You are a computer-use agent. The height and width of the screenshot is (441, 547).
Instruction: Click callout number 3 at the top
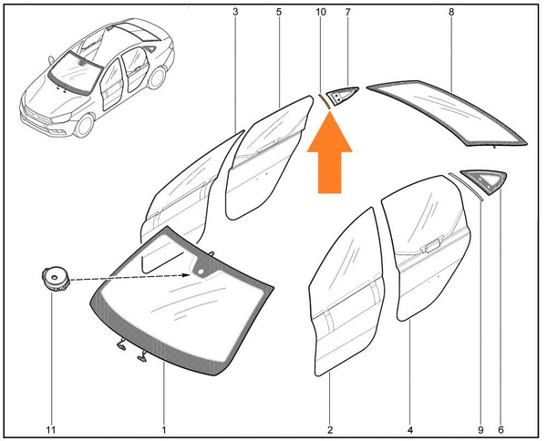coord(235,12)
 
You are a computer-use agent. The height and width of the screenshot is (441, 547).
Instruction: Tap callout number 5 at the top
coord(278,12)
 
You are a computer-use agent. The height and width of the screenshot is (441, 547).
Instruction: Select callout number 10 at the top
coord(321,12)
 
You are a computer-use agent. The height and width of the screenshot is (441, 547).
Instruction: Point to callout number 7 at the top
coord(347,12)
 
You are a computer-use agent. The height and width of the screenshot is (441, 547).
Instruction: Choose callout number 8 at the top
coord(451,12)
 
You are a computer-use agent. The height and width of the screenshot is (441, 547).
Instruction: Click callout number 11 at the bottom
coord(51,430)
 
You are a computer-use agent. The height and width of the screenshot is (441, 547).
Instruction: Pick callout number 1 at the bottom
coord(164,430)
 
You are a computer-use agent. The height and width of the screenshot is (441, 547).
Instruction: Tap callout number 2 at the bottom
coord(330,430)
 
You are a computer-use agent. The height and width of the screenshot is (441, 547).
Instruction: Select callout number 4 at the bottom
coord(410,430)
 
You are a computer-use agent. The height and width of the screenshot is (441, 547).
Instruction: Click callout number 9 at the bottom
coord(480,430)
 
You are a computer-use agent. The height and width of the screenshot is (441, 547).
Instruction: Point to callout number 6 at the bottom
coord(501,430)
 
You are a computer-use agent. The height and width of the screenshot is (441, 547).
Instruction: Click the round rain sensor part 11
coord(55,279)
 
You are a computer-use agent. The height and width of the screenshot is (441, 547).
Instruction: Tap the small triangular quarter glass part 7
coord(340,95)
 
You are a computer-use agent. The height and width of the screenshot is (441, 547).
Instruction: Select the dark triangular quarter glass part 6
coord(485,179)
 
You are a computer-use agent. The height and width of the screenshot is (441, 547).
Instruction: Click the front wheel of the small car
coord(85,125)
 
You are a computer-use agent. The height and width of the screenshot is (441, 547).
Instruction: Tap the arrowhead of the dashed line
coord(186,275)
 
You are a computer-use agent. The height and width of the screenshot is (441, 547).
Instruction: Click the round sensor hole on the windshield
coord(201,272)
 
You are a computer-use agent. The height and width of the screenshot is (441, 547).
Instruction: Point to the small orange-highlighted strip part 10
coord(324,101)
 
